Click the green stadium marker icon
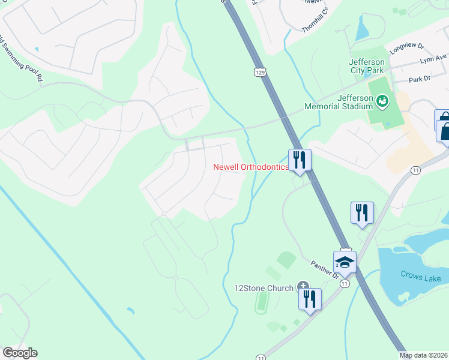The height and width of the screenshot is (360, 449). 382,102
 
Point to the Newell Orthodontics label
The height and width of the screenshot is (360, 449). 251,167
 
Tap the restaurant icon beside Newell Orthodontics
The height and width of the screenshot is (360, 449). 300,160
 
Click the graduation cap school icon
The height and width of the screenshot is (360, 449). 345,262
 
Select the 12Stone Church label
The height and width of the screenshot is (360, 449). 264,288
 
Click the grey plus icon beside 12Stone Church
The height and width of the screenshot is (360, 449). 303,287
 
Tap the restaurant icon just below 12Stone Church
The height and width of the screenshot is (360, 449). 310,299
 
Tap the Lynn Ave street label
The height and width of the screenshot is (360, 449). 433,59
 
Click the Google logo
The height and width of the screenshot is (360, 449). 20,353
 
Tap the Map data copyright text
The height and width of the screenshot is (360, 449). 424,355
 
